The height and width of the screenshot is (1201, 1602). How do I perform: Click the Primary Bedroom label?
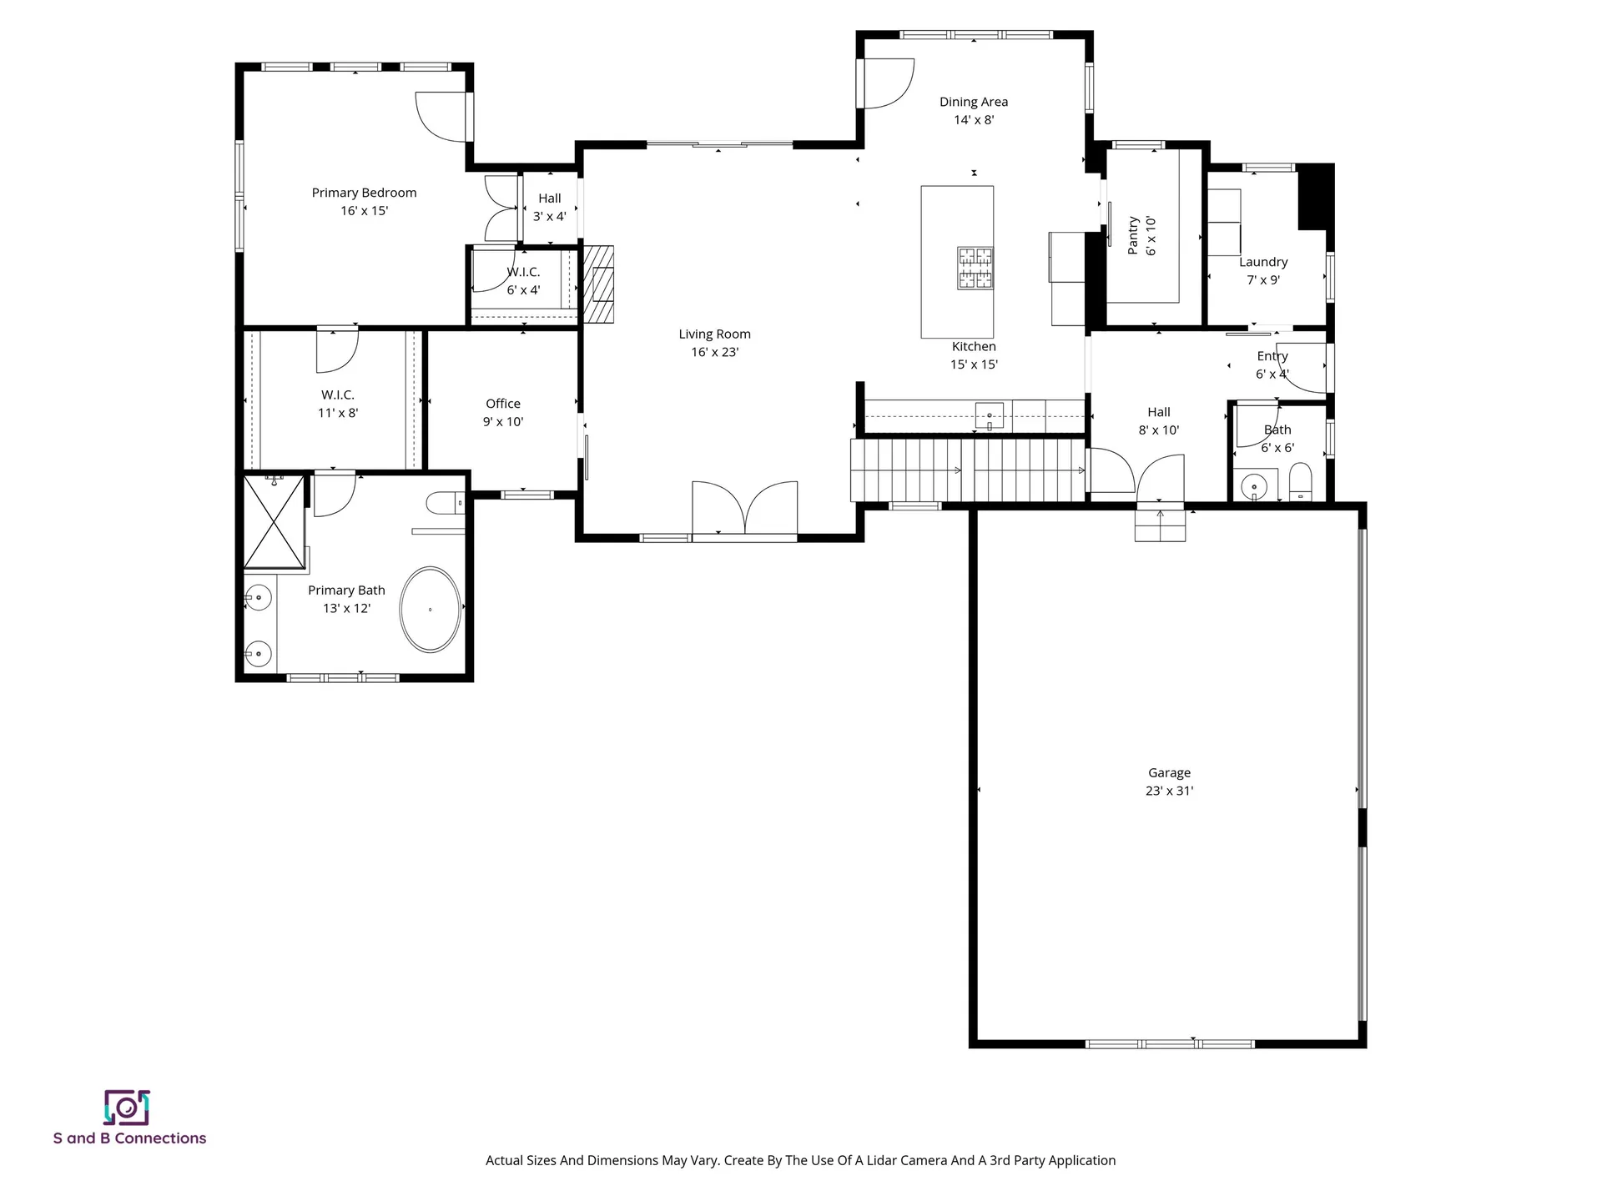point(364,193)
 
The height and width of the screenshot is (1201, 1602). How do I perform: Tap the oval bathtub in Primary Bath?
point(430,610)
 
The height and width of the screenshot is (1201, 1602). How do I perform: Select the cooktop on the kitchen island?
point(975,268)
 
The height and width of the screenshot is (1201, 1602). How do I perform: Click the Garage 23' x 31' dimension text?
point(1169,791)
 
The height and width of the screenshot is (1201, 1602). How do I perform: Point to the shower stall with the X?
point(274,521)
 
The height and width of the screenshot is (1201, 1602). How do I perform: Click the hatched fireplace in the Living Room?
point(598,284)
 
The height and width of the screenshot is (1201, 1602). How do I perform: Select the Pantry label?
point(1133,235)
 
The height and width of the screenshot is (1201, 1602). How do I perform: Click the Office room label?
point(503,404)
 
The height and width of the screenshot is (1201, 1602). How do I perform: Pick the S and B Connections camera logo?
point(127,1108)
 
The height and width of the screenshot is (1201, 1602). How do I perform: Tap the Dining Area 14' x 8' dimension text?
point(974,120)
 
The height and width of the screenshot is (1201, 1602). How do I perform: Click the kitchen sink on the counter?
point(990,415)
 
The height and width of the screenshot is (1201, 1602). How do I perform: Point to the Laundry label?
point(1263,262)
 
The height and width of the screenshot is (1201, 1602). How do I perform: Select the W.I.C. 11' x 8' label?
point(338,404)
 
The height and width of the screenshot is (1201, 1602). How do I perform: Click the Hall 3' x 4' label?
point(550,207)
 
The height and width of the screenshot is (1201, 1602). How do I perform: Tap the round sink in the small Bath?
point(1253,485)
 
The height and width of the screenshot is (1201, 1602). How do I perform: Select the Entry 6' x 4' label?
point(1272,364)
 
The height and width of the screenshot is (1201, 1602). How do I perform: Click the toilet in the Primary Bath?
point(445,503)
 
